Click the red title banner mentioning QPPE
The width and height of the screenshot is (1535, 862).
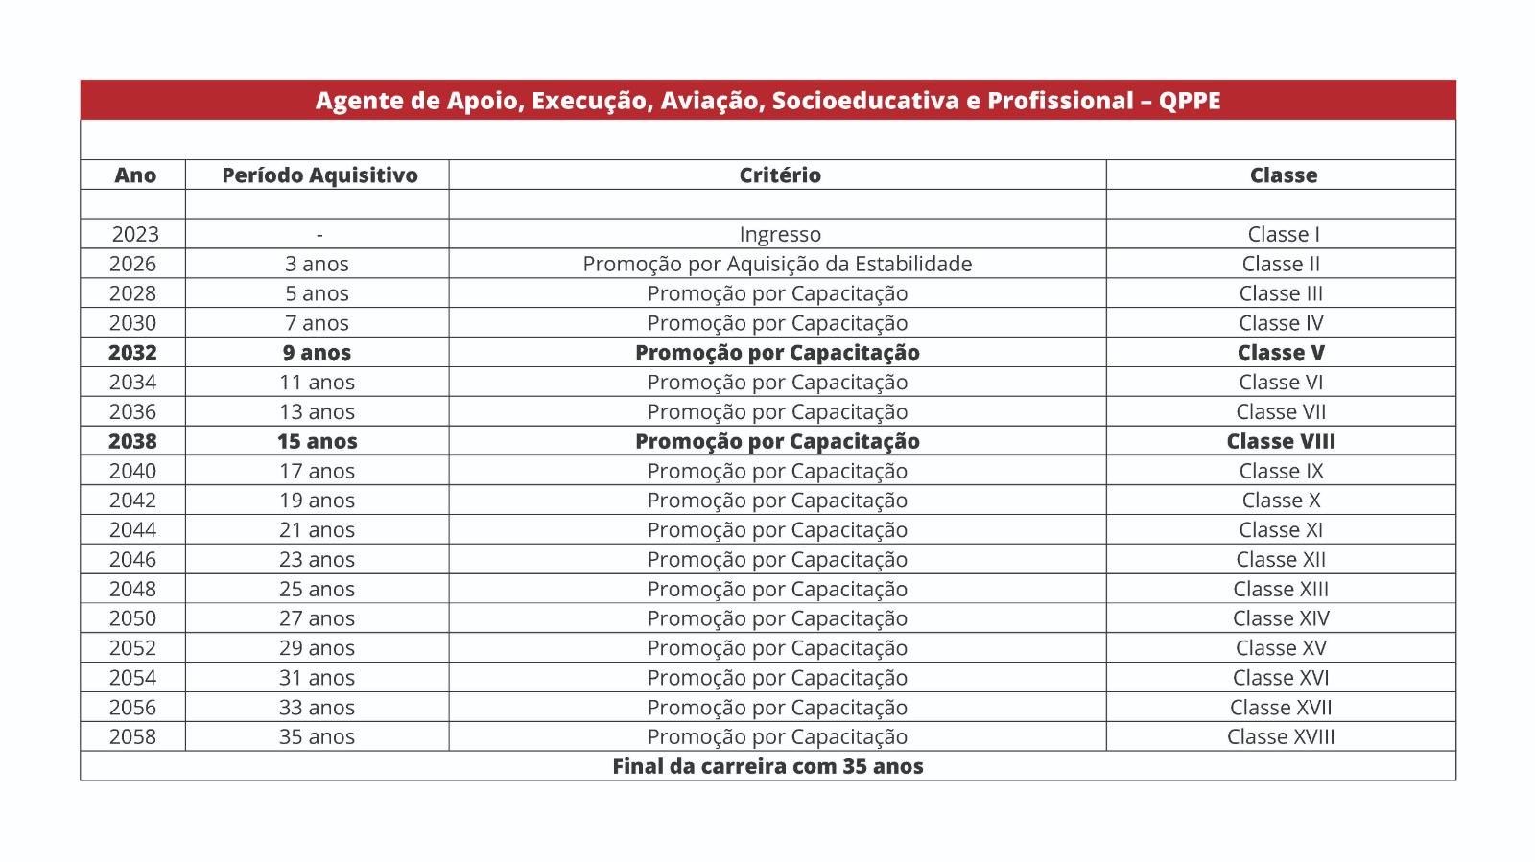click(767, 101)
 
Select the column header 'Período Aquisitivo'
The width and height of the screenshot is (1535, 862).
click(319, 175)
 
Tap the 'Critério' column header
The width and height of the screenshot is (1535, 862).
click(779, 175)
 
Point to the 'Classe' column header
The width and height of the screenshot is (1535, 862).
click(1283, 175)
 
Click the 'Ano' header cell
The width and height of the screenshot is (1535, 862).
click(135, 175)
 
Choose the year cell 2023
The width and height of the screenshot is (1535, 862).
click(135, 234)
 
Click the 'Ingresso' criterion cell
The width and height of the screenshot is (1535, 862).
click(779, 234)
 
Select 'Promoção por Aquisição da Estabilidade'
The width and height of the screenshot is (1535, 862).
click(777, 264)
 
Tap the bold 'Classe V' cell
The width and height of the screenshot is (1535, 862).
click(1281, 353)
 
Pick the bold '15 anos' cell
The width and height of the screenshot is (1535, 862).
click(317, 441)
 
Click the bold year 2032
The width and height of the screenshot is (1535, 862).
click(132, 353)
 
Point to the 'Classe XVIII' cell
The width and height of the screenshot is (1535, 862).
click(1281, 736)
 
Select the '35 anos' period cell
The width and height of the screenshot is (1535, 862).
click(317, 736)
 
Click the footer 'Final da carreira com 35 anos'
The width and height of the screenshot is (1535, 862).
click(767, 766)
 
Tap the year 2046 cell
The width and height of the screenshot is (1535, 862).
click(132, 559)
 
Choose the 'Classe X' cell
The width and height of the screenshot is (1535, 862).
click(1281, 501)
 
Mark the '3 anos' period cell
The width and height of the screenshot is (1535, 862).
click(317, 264)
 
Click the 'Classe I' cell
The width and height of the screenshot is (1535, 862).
click(1283, 234)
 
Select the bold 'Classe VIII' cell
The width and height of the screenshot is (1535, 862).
click(1281, 441)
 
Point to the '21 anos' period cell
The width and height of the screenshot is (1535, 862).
click(317, 529)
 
